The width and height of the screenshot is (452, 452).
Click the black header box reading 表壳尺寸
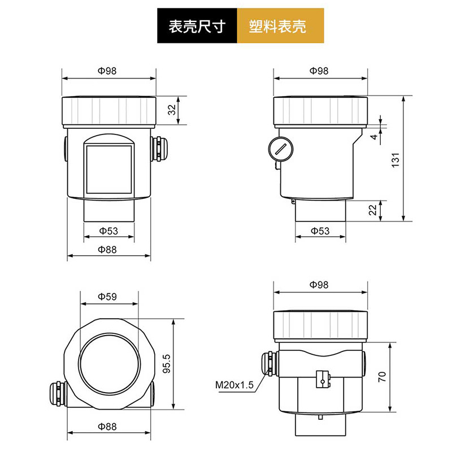[x=197, y=27]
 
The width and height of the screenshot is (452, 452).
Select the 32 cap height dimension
[x=171, y=110]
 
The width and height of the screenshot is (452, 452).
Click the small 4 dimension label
[x=373, y=137]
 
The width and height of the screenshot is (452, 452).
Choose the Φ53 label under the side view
[x=320, y=231]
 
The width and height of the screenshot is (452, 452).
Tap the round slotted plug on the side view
[x=280, y=149]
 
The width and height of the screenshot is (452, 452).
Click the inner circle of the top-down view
[x=108, y=363]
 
